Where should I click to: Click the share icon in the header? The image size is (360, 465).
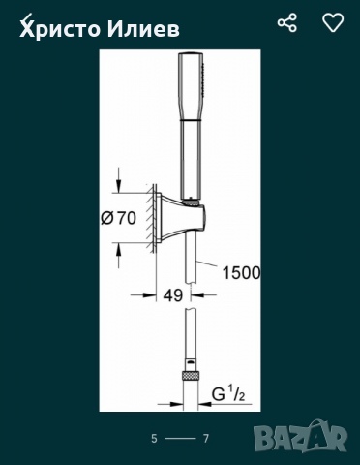pyautogui.click(x=287, y=22)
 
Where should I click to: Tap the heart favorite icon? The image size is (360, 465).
pyautogui.click(x=333, y=22)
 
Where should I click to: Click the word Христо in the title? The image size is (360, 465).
pyautogui.click(x=61, y=30)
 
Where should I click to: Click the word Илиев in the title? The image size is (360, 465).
pyautogui.click(x=143, y=29)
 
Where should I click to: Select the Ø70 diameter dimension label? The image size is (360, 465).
pyautogui.click(x=118, y=218)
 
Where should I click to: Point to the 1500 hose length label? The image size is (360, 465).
pyautogui.click(x=241, y=273)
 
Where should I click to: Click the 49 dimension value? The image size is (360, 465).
pyautogui.click(x=173, y=295)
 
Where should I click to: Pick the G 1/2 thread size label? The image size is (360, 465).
pyautogui.click(x=227, y=394)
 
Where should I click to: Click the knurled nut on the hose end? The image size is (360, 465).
pyautogui.click(x=191, y=376)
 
